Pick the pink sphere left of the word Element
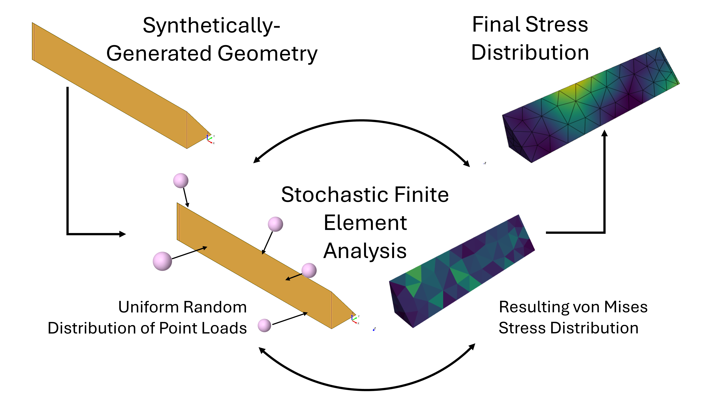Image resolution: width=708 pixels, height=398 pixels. [275, 224]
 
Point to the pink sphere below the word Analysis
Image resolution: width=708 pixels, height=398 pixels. [309, 270]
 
